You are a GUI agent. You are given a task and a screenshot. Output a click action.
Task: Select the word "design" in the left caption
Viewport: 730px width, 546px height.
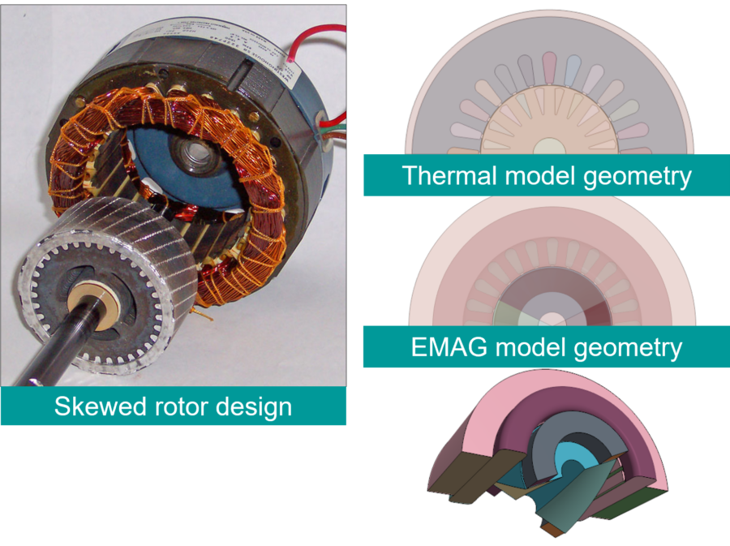click(254, 407)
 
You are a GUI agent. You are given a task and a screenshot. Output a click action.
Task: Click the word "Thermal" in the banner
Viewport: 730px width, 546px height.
click(449, 176)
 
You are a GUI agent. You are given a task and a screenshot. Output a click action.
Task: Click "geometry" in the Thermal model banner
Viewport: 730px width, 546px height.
click(637, 178)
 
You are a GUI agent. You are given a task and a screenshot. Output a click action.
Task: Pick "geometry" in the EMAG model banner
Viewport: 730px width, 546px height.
click(628, 349)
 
